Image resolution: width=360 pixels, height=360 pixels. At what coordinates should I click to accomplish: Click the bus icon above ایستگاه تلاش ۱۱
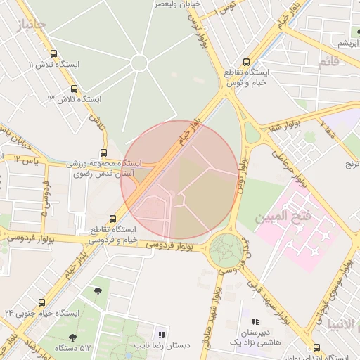[55, 53]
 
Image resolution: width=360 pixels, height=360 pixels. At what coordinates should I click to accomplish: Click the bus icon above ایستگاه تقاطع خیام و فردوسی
[114, 219]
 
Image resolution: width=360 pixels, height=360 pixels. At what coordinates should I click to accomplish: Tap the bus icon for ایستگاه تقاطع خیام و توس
[245, 62]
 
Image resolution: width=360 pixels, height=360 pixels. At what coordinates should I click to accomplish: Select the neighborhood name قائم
[328, 62]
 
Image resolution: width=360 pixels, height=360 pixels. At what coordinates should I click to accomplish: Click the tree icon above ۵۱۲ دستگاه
[98, 290]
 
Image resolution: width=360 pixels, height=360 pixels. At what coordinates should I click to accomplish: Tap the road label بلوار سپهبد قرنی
[269, 298]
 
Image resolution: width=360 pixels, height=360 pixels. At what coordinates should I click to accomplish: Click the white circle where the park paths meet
[139, 63]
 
